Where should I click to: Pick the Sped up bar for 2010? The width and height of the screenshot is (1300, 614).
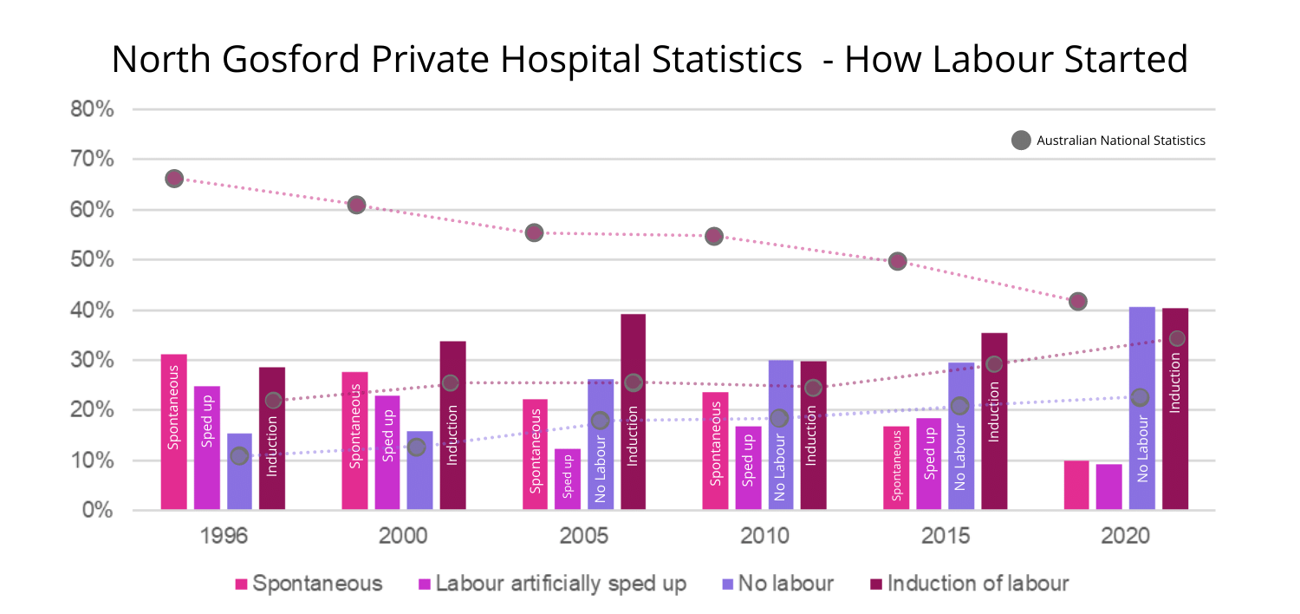[x=748, y=468]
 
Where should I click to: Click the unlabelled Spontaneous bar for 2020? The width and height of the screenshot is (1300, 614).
[x=1076, y=485]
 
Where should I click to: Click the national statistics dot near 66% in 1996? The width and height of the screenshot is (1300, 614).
[x=174, y=179]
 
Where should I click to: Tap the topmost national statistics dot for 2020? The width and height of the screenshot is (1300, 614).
[x=1077, y=302]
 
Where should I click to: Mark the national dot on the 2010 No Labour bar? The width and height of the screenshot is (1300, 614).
[x=780, y=418]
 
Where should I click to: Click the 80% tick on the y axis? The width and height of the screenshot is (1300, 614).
[x=93, y=110]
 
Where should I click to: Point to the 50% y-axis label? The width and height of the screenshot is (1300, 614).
[x=93, y=260]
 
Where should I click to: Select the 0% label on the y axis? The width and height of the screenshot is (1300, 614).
[x=98, y=510]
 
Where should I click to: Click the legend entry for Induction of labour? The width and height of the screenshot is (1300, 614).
[x=968, y=584]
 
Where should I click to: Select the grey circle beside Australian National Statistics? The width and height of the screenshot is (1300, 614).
[x=1021, y=140]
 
